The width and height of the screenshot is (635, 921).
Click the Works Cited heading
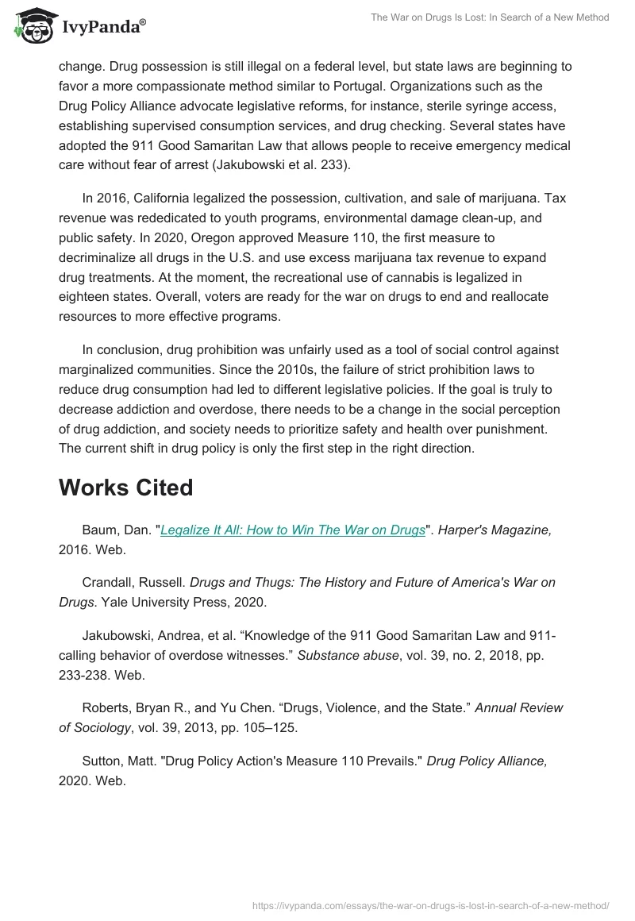point(125,487)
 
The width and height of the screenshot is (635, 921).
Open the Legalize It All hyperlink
point(293,530)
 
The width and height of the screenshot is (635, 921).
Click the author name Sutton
point(102,761)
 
